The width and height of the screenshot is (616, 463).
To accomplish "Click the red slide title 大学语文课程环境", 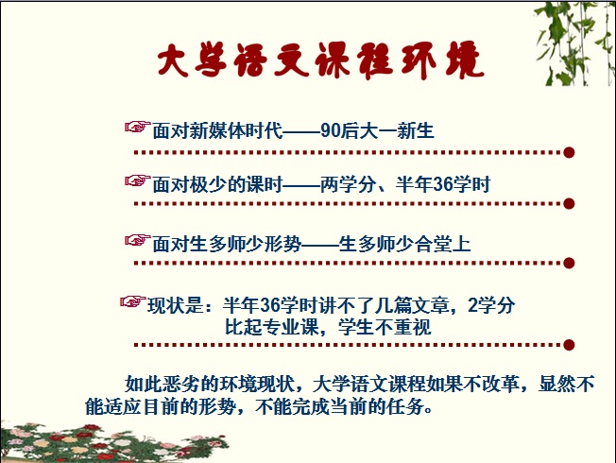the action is pyautogui.click(x=320, y=60).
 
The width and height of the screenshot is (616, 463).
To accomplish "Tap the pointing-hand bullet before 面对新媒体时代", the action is pyautogui.click(x=137, y=127).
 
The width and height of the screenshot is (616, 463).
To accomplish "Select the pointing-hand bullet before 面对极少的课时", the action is pyautogui.click(x=137, y=180).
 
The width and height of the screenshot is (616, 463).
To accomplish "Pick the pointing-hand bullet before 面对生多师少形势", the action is pyautogui.click(x=137, y=240).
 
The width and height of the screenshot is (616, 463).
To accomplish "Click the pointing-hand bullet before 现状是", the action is pyautogui.click(x=133, y=301).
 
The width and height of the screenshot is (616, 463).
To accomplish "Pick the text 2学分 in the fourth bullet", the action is pyautogui.click(x=491, y=305).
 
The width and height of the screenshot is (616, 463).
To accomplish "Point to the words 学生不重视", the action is pyautogui.click(x=385, y=327).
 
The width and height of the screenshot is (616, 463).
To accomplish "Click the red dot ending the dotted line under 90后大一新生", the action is pyautogui.click(x=569, y=152).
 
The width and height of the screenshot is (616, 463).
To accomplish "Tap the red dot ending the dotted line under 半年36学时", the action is pyautogui.click(x=569, y=203).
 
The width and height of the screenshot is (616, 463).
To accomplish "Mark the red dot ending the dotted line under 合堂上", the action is pyautogui.click(x=569, y=263).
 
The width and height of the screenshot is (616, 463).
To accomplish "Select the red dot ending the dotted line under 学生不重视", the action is pyautogui.click(x=569, y=345).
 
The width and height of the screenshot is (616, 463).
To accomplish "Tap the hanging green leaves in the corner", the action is pyautogui.click(x=575, y=43).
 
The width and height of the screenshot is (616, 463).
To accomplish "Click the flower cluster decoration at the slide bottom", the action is pyautogui.click(x=114, y=442).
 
